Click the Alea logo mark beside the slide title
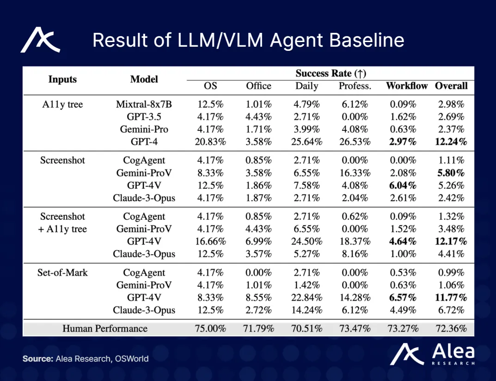40,40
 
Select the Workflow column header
407,86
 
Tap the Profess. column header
355,86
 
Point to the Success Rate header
331,74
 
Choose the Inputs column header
62,79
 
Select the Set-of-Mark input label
62,272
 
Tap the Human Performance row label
105,329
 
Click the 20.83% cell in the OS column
210,142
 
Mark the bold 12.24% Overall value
451,142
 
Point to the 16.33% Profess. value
355,173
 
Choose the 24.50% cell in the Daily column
306,241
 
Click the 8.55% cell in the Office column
259,297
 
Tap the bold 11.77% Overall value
451,297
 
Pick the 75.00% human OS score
210,329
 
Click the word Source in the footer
37,358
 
